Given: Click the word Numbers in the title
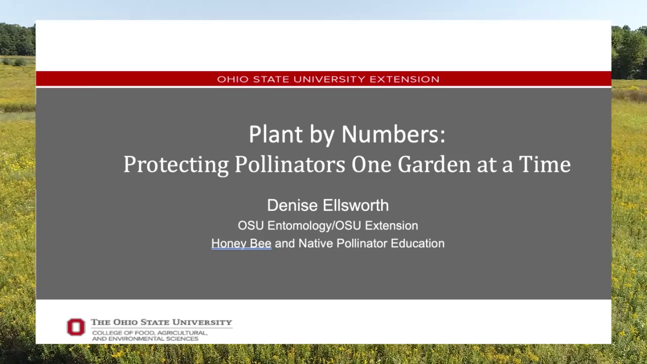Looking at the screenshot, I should pyautogui.click(x=393, y=134).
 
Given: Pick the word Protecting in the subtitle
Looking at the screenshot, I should pyautogui.click(x=176, y=165).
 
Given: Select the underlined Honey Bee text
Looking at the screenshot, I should pyautogui.click(x=241, y=243).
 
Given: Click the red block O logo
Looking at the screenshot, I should pyautogui.click(x=76, y=327).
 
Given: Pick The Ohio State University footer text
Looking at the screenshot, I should pyautogui.click(x=161, y=322).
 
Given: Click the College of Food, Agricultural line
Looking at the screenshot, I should pyautogui.click(x=149, y=333).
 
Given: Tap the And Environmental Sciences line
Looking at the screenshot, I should pyautogui.click(x=145, y=338).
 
